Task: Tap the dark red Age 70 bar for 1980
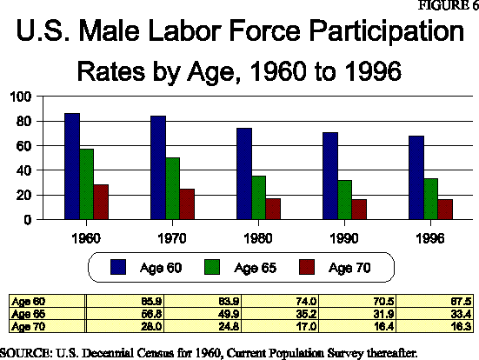pyautogui.click(x=272, y=209)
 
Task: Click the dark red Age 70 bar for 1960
pyautogui.click(x=102, y=202)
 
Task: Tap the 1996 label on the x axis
pyautogui.click(x=418, y=237)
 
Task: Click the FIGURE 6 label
pyautogui.click(x=449, y=6)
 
